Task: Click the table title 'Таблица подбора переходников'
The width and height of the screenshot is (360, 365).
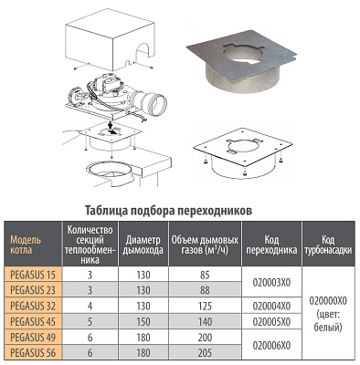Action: pos(168,211)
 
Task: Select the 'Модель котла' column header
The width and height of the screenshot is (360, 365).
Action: pos(26,245)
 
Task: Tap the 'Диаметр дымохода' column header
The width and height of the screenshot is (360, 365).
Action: pos(143,245)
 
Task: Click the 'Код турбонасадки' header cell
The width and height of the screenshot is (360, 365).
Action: pos(328,245)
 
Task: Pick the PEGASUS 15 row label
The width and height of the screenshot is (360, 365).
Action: pos(33,275)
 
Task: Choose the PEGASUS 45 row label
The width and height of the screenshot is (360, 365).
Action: pos(33,321)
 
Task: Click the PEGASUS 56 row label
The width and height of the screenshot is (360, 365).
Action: pos(33,353)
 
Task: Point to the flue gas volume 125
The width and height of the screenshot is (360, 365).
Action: pos(205,306)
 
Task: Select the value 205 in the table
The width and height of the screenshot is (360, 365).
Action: pos(205,353)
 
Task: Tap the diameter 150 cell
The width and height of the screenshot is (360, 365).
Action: pos(143,321)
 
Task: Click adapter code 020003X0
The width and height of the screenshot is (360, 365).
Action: pos(271,283)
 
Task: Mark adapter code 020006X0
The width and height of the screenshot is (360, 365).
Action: pos(271,345)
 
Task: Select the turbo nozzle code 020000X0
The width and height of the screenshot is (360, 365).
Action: pos(328,301)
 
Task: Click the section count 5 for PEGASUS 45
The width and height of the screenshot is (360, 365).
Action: pos(90,321)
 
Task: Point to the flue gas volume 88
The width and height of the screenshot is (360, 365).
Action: pos(205,290)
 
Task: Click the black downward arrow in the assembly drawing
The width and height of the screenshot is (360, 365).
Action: pos(109,125)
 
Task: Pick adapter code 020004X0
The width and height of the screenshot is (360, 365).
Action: pos(271,306)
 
